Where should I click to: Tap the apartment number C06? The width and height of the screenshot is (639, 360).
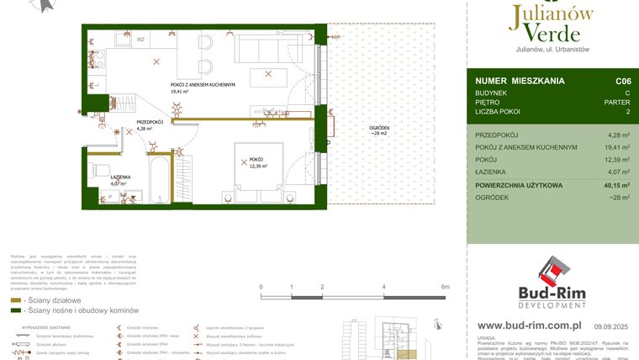point(622,81)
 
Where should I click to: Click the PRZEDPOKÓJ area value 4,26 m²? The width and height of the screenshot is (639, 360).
point(618,135)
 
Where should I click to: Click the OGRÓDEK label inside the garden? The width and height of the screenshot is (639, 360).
point(379,128)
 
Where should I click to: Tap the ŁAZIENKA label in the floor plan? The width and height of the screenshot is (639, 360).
point(122,177)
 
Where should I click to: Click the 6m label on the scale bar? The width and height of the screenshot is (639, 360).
point(445,287)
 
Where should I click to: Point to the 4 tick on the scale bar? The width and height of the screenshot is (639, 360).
point(384,287)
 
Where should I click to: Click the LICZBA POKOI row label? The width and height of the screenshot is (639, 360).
point(497,112)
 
